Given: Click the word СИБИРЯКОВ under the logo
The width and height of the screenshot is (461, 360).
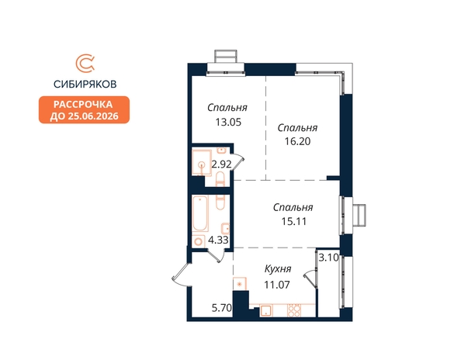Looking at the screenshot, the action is click(x=85, y=85).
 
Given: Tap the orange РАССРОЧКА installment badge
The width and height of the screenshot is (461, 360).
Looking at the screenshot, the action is click(x=84, y=109).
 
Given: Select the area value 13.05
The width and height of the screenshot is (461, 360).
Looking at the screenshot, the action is click(x=228, y=122).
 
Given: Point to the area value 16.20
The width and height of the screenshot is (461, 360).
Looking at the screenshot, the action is click(x=297, y=141).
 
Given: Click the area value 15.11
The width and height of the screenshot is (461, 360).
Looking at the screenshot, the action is click(x=294, y=221).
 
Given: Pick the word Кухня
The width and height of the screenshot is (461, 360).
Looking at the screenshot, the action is click(x=278, y=268).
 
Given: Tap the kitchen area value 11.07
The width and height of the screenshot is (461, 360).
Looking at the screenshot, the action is click(x=277, y=285).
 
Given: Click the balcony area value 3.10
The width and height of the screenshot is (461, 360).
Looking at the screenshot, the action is click(x=329, y=258).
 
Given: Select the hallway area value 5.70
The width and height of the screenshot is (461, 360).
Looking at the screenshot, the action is click(x=222, y=308).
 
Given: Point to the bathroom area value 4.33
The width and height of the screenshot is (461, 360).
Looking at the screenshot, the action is click(x=218, y=240).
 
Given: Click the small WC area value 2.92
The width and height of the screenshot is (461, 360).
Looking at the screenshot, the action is click(x=222, y=164).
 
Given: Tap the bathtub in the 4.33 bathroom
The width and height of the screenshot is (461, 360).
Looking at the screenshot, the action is click(x=200, y=213).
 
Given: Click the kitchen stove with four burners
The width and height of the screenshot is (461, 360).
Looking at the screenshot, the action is click(x=294, y=310).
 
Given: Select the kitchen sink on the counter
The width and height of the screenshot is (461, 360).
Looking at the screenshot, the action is click(x=266, y=310).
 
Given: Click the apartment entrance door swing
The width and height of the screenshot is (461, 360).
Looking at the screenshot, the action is click(x=181, y=275).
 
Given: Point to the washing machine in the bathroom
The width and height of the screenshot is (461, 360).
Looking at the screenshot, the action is click(x=199, y=241).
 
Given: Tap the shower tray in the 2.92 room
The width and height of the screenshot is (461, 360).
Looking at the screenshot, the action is click(x=202, y=162).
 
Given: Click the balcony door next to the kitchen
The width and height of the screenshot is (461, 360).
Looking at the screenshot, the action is click(x=310, y=279).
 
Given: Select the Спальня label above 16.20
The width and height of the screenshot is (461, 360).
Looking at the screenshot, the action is click(x=297, y=128).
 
